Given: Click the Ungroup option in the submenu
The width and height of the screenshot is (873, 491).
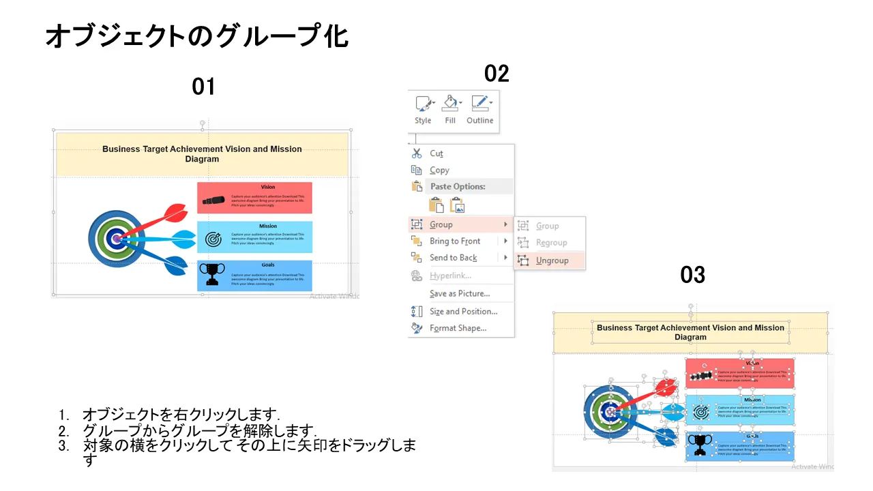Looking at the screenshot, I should (x=552, y=261).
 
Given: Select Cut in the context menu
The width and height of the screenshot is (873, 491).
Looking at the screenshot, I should (x=436, y=153).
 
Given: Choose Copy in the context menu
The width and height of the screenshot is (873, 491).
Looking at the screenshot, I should (x=439, y=170).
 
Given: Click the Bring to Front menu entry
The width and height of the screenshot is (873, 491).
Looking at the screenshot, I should (x=455, y=241).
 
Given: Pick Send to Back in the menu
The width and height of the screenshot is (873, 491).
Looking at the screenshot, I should (x=453, y=258).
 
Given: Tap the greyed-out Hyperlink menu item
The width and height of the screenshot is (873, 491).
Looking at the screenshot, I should (x=450, y=276).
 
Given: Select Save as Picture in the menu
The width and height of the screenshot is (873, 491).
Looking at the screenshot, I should (x=460, y=293).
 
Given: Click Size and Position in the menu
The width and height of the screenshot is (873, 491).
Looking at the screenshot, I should (x=463, y=312).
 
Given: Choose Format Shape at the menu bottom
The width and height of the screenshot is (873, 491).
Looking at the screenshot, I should (x=458, y=328).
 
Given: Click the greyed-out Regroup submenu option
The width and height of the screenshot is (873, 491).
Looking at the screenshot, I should (x=551, y=243).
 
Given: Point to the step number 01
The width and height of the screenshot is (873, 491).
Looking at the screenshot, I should (x=203, y=87).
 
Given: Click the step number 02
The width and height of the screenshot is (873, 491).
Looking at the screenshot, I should (x=497, y=74).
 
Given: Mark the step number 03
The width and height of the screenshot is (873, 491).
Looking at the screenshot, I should (x=692, y=275).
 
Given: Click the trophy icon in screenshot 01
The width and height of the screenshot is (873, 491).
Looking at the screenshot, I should (x=212, y=275).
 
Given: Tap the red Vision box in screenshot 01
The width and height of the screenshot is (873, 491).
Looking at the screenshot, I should (x=254, y=198).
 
